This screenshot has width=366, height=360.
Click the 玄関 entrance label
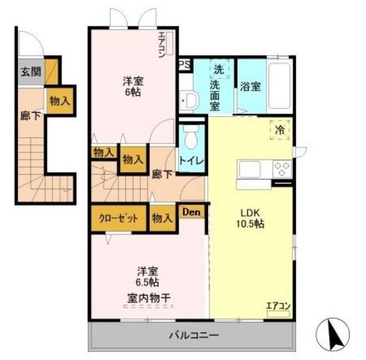point(31,72)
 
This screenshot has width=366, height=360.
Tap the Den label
point(192,212)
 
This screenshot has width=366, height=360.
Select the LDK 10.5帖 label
point(250,218)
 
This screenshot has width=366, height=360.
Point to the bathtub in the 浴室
point(280,86)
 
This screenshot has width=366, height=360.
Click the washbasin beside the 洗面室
point(190,101)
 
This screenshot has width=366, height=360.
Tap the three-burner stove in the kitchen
point(283,169)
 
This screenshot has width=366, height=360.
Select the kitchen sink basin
point(250,169)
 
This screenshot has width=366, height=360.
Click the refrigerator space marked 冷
point(280,130)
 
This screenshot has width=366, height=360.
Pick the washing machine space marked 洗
point(219,69)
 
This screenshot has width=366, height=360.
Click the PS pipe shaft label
point(185,65)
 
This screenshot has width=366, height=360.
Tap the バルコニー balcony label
point(194,335)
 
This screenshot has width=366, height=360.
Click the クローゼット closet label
point(118,218)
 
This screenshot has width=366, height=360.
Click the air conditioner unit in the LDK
point(279,314)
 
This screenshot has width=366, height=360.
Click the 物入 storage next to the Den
point(162,218)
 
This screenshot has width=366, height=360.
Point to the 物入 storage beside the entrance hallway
point(60,101)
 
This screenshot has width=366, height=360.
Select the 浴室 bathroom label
point(250,87)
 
